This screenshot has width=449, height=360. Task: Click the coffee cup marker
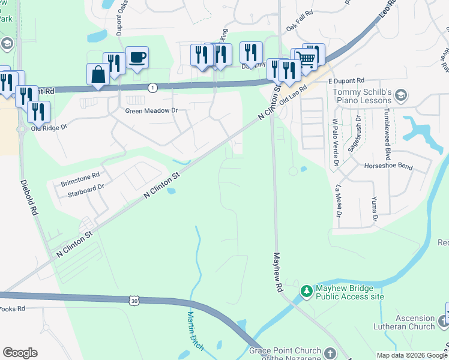click(x=137, y=58)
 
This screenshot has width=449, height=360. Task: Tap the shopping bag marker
click(x=98, y=74)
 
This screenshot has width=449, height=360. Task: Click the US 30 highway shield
click(x=133, y=299)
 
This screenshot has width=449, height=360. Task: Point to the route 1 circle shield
click(x=153, y=88)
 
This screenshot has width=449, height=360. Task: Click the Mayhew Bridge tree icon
click(x=307, y=291)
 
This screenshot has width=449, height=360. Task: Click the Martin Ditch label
click(x=196, y=331)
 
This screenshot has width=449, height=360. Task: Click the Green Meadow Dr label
click(x=152, y=110)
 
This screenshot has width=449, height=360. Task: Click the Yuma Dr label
click(x=374, y=208)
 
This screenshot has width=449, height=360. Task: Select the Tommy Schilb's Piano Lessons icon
click(x=402, y=94)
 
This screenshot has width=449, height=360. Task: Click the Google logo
click(x=20, y=353)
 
